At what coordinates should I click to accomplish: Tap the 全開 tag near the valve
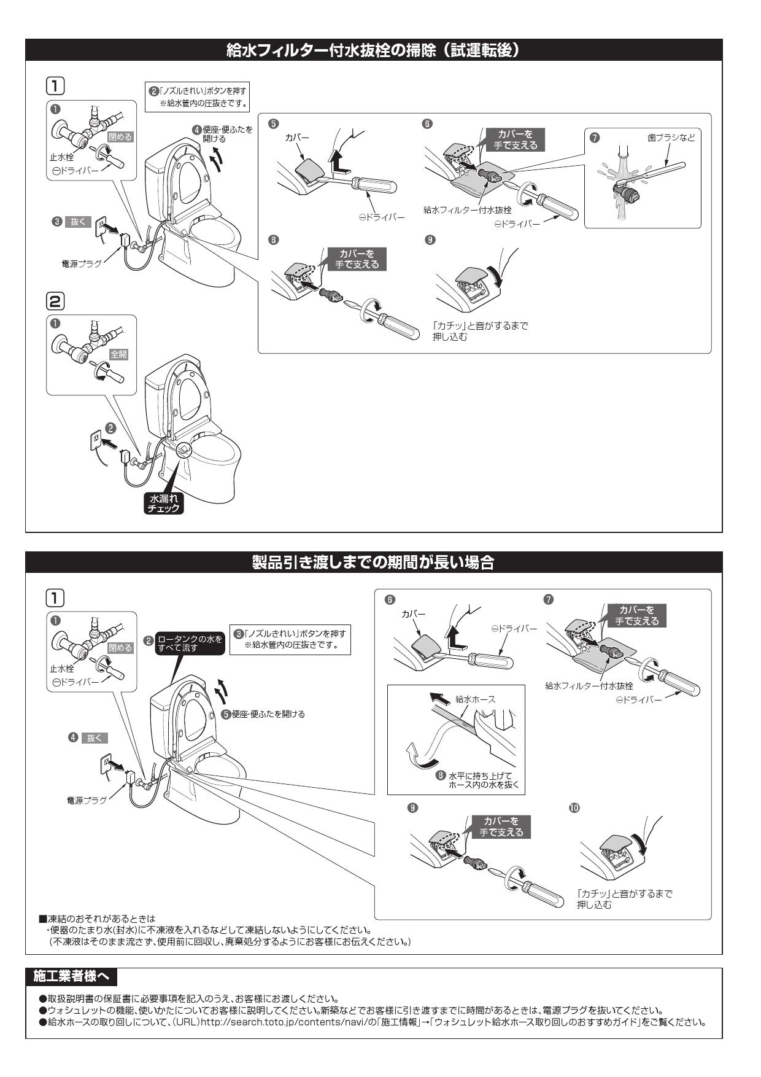click(118, 354)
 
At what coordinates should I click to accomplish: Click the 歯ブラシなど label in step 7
click(671, 138)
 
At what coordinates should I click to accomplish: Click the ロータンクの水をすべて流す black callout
click(190, 643)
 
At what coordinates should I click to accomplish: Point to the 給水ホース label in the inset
click(476, 699)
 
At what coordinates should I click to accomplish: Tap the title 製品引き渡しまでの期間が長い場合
click(373, 562)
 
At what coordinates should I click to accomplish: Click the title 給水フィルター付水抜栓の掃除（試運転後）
click(373, 50)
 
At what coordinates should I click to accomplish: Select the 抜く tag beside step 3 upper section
click(80, 222)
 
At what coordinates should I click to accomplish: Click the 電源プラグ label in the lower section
click(87, 800)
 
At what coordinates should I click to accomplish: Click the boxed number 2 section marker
click(55, 301)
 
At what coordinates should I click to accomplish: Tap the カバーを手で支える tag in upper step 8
click(357, 259)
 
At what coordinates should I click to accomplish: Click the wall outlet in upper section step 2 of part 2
click(96, 439)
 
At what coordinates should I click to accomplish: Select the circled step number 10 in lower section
click(574, 807)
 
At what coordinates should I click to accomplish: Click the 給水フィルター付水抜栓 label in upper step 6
click(467, 210)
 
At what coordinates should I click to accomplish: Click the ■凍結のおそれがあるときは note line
click(97, 919)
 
